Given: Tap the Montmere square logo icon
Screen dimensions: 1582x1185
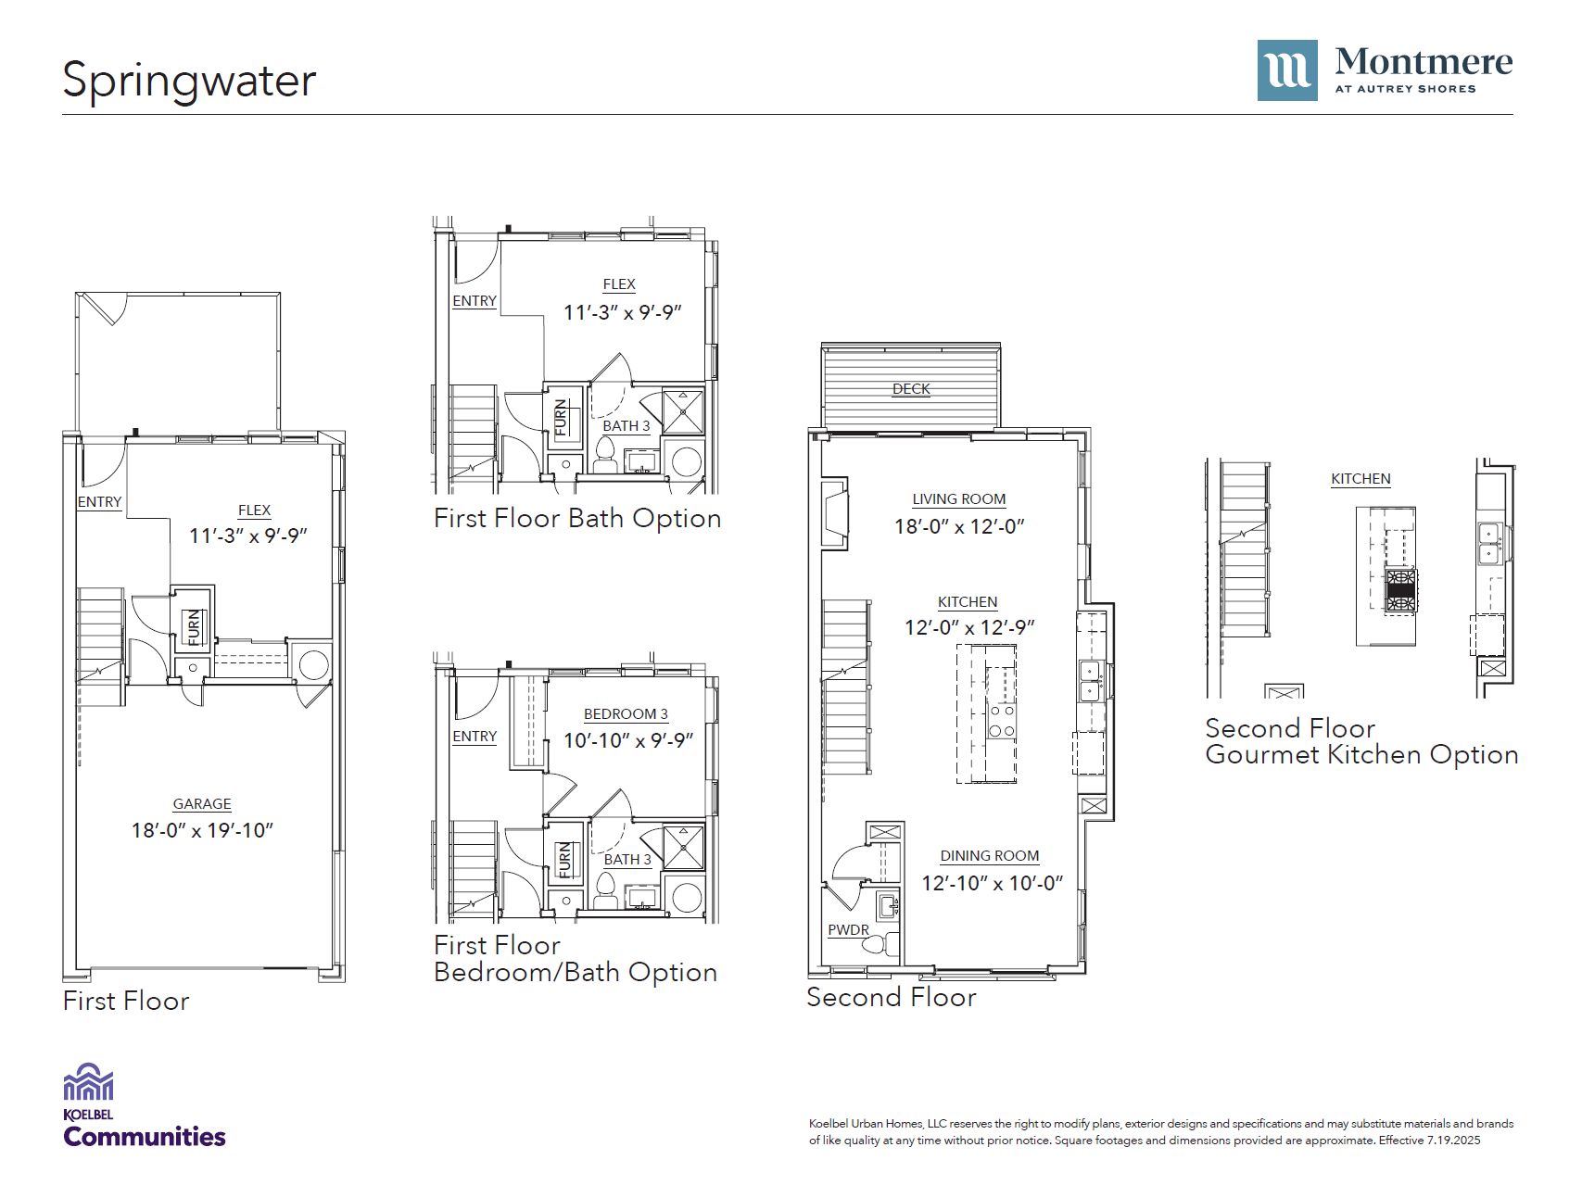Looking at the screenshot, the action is [1287, 70].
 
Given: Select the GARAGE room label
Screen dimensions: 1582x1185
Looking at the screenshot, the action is [202, 804].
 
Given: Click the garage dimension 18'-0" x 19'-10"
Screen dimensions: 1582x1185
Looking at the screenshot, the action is [202, 830].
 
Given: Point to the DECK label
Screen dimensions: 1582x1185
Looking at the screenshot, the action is [911, 389].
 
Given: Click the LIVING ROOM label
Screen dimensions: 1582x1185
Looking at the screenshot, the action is [959, 499].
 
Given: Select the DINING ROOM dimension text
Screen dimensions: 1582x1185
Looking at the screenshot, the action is [992, 883].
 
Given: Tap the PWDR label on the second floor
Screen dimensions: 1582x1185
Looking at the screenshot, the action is [849, 930].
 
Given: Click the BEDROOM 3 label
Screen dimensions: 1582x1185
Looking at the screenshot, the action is [626, 714].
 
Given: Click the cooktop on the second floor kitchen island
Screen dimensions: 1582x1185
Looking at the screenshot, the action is [1001, 721].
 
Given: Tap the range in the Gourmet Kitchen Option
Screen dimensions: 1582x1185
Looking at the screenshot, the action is [1400, 590].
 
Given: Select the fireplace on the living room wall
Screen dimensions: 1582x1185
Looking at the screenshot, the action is [834, 513].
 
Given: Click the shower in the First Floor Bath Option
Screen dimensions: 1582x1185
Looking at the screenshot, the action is [683, 412].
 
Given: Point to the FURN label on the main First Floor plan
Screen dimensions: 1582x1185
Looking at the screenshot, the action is [194, 627].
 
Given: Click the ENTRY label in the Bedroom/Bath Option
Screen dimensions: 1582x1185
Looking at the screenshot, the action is [475, 737].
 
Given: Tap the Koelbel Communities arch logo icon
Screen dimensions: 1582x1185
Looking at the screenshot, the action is [88, 1082].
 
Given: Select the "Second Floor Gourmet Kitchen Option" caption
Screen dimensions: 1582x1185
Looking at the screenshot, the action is [1361, 741].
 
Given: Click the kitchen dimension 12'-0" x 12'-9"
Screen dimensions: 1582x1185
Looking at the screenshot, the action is [969, 627].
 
